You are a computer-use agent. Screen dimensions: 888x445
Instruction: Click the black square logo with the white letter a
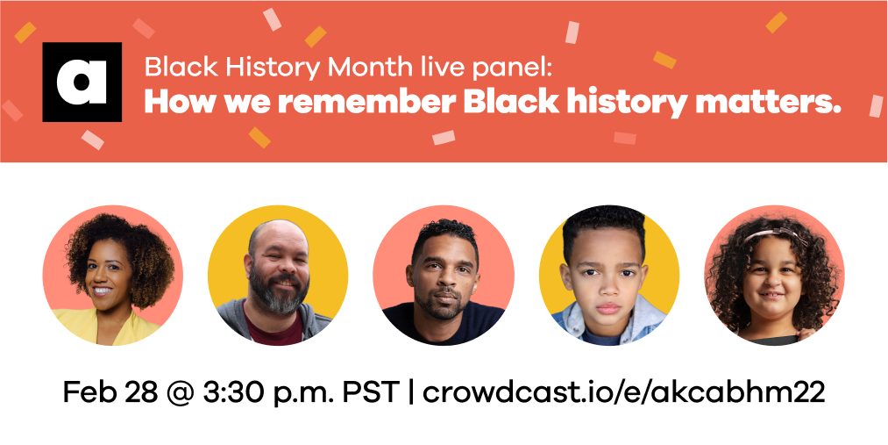tap(82, 82)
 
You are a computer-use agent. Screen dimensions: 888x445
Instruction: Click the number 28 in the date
tap(139, 391)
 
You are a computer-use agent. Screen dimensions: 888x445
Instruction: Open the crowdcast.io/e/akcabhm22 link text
tap(623, 391)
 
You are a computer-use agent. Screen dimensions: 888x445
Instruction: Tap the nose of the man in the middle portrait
tap(444, 282)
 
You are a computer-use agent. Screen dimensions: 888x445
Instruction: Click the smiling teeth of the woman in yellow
tap(102, 291)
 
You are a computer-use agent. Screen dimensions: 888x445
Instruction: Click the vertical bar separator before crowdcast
tap(412, 392)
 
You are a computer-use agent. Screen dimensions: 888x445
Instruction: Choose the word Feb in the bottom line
tap(86, 391)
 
